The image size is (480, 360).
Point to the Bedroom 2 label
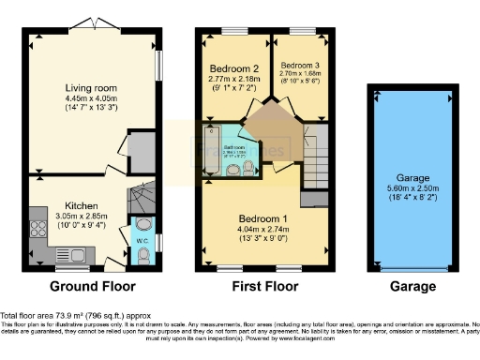click(233, 69)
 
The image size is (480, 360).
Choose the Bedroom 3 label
click(299, 65)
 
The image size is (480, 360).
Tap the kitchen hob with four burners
click(39, 228)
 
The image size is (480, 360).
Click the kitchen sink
click(71, 252)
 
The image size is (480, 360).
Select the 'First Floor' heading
click(265, 286)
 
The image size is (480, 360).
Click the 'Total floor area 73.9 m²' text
click(52, 316)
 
